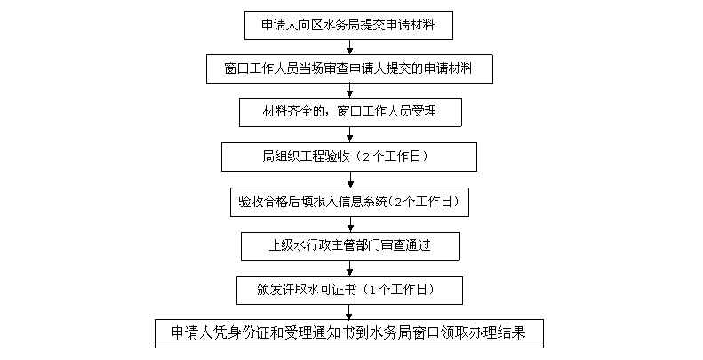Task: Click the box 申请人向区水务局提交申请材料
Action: click(x=349, y=25)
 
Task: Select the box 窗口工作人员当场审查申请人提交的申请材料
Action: click(x=349, y=68)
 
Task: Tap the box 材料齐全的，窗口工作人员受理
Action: click(x=349, y=111)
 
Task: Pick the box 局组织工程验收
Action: click(x=349, y=156)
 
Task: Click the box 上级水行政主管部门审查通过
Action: click(x=349, y=244)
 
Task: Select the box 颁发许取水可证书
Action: click(x=349, y=290)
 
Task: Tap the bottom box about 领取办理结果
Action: click(x=348, y=333)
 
